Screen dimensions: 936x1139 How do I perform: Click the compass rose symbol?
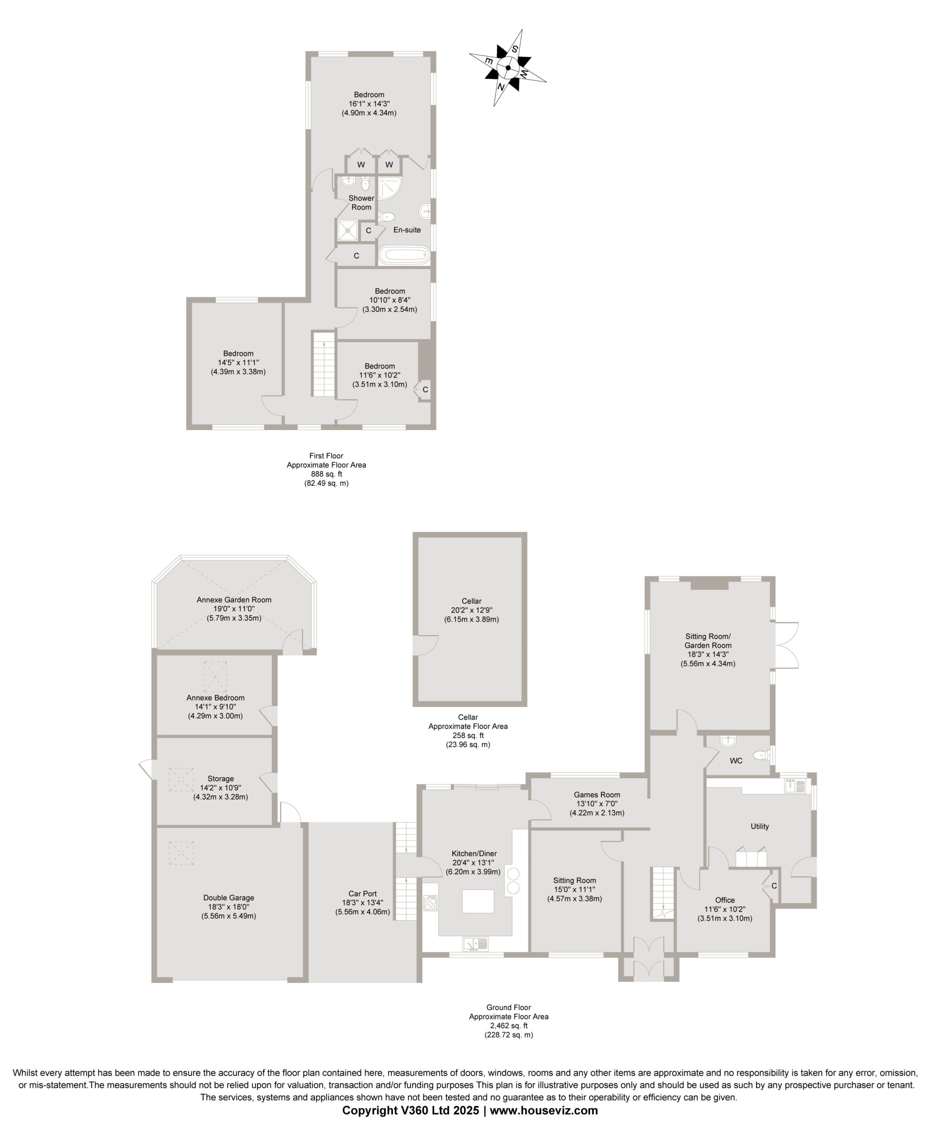point(508,68)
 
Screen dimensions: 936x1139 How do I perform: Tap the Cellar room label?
point(471,601)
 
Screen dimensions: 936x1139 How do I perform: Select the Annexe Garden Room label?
point(234,599)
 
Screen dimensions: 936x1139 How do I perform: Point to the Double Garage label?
point(229,898)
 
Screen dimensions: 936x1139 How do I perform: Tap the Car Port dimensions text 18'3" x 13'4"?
point(362,903)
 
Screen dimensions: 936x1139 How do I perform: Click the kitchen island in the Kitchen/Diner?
point(478,901)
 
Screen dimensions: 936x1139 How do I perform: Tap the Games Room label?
point(597,795)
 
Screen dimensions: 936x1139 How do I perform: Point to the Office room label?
point(725,900)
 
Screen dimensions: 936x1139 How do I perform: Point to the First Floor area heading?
point(326,456)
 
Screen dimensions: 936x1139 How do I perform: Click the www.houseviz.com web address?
point(543,1110)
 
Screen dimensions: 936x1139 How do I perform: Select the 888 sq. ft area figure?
point(326,474)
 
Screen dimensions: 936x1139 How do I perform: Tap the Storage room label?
point(221,779)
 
